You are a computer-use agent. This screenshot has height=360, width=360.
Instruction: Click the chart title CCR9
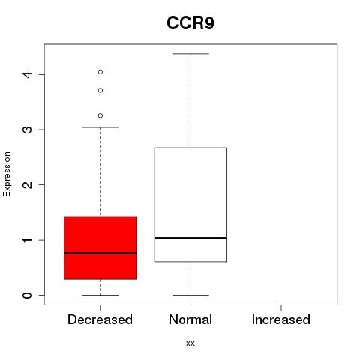click(x=190, y=23)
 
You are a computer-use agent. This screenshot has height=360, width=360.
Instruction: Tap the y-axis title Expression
click(x=7, y=174)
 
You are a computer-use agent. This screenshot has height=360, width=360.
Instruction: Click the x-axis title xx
click(x=190, y=343)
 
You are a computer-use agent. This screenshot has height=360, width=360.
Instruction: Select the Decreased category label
click(x=100, y=319)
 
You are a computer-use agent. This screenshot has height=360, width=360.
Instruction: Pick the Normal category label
click(x=190, y=319)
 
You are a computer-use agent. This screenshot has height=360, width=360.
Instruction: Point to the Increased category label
click(x=281, y=319)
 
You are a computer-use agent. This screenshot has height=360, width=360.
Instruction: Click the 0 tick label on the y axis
click(x=28, y=295)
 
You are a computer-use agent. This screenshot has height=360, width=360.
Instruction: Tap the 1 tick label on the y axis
click(x=28, y=240)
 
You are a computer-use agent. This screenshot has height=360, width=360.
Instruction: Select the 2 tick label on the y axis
click(x=28, y=184)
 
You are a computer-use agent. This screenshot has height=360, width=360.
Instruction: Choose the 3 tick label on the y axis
click(x=28, y=130)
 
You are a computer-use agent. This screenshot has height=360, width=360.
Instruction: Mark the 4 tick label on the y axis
click(x=28, y=74)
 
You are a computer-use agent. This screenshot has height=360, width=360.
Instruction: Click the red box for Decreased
click(x=100, y=247)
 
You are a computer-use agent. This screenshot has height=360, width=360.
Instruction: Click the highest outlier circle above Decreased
click(x=100, y=72)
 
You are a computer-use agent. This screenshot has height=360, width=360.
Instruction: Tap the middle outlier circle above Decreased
click(x=100, y=90)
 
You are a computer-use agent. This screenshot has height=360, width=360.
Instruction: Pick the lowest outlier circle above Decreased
click(x=100, y=115)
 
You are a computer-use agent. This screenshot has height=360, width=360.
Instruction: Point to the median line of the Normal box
click(x=190, y=238)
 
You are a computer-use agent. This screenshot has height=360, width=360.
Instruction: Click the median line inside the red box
click(x=100, y=253)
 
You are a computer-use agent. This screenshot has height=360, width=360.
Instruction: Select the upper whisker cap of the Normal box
click(x=190, y=54)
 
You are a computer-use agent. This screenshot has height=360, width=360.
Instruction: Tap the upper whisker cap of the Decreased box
click(x=100, y=127)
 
